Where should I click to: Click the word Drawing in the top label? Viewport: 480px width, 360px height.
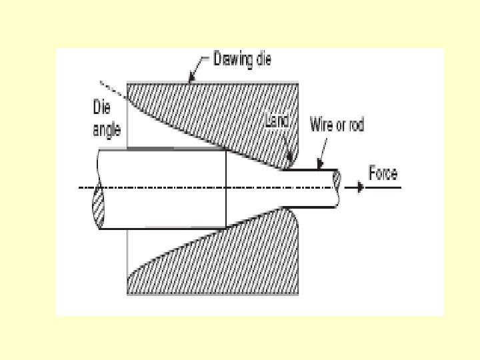pyautogui.click(x=231, y=59)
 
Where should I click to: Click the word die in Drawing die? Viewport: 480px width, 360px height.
pyautogui.click(x=262, y=59)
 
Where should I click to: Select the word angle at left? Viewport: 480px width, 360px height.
pyautogui.click(x=106, y=130)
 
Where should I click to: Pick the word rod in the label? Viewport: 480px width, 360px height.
pyautogui.click(x=356, y=125)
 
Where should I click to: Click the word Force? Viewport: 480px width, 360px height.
pyautogui.click(x=383, y=174)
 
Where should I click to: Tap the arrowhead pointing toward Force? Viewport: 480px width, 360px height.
pyautogui.click(x=361, y=188)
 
